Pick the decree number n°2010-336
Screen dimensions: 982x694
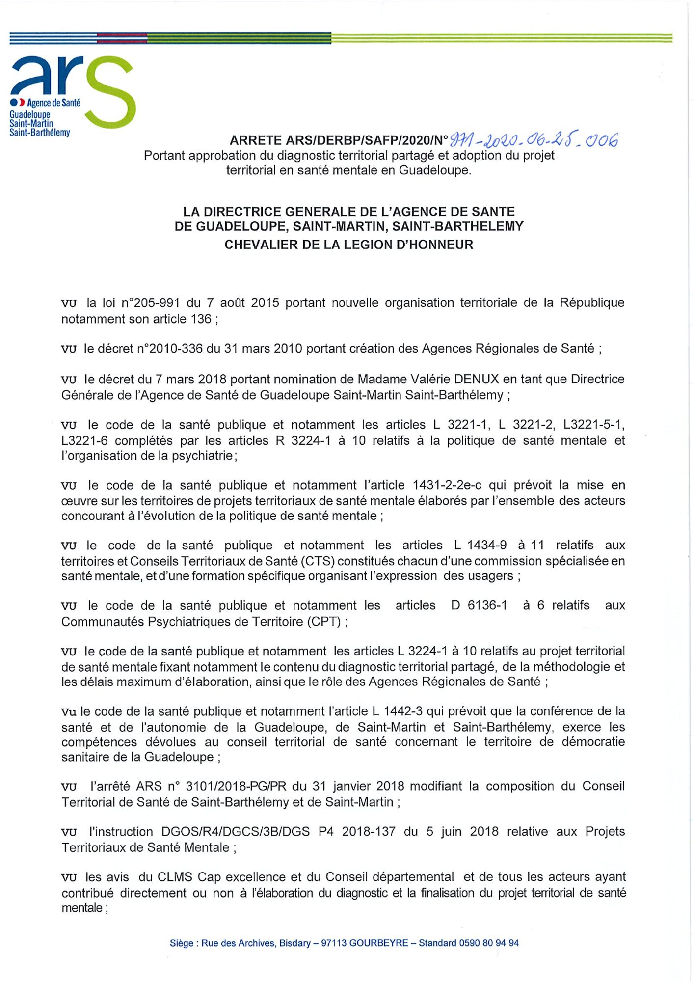pos(169,349)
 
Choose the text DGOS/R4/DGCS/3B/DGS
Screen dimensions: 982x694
pos(236,832)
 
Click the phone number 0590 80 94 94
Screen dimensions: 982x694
pos(488,943)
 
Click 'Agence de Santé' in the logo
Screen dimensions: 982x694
pos(53,103)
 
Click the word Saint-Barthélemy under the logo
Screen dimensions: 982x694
pos(40,133)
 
